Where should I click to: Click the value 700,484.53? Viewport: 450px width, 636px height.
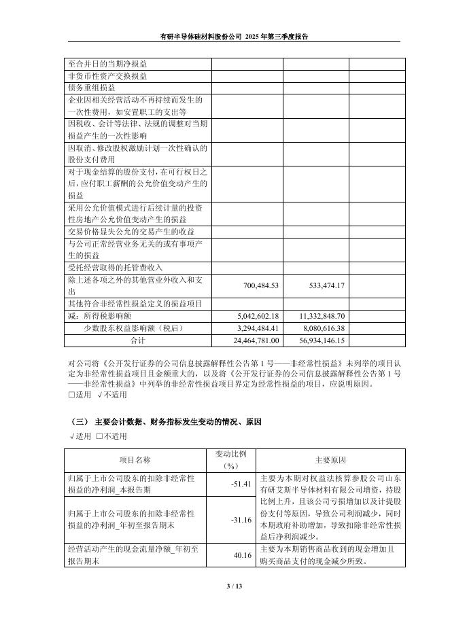pos(256,285)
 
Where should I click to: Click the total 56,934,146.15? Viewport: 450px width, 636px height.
pos(317,340)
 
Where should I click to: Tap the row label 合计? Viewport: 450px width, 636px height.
pos(138,340)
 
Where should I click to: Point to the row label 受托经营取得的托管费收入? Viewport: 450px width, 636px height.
pos(115,268)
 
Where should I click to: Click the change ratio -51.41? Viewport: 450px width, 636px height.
pos(241,484)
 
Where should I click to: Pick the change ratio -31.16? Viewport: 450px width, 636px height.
pos(241,520)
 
